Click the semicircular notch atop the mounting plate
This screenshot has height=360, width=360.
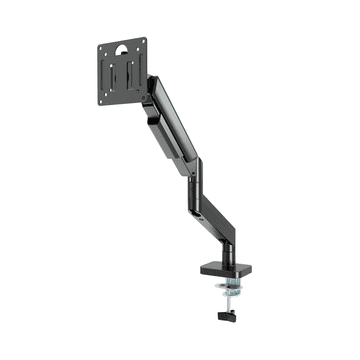click(122, 43)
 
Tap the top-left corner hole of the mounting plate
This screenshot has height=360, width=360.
click(105, 47)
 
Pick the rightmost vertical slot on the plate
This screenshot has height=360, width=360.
click(135, 73)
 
